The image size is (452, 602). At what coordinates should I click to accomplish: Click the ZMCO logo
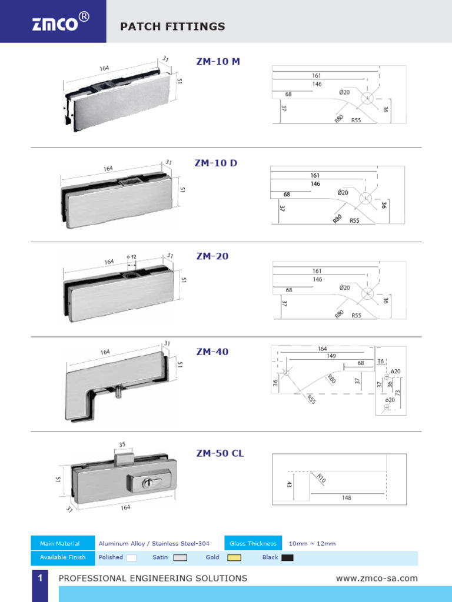(61, 22)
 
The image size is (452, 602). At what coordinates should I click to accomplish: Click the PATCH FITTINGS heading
(172, 26)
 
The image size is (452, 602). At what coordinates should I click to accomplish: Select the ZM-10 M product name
(218, 61)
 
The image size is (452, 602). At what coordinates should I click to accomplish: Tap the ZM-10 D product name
(216, 163)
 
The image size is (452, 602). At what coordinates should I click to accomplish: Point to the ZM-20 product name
(212, 256)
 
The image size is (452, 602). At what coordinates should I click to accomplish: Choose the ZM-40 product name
(212, 352)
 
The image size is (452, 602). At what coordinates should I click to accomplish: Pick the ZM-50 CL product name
(220, 453)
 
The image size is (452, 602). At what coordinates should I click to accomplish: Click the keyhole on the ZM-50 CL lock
(147, 483)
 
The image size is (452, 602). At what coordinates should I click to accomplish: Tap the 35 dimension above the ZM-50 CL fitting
(122, 444)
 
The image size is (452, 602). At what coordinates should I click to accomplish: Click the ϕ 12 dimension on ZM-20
(131, 257)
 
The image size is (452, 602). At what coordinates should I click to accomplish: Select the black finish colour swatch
(287, 557)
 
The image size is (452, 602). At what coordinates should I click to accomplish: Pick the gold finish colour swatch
(234, 557)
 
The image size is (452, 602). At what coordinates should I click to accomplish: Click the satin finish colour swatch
(180, 557)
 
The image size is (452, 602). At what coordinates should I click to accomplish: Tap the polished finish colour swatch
(131, 557)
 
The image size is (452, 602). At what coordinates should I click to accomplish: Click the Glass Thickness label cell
(253, 543)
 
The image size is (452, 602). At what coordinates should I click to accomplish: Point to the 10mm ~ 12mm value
(312, 544)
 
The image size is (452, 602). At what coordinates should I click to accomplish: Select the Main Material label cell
(62, 543)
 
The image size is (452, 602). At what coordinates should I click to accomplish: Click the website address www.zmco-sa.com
(377, 578)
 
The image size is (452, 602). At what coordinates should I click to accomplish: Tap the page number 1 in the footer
(40, 577)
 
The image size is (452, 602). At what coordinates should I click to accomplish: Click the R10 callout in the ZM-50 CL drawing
(321, 479)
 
